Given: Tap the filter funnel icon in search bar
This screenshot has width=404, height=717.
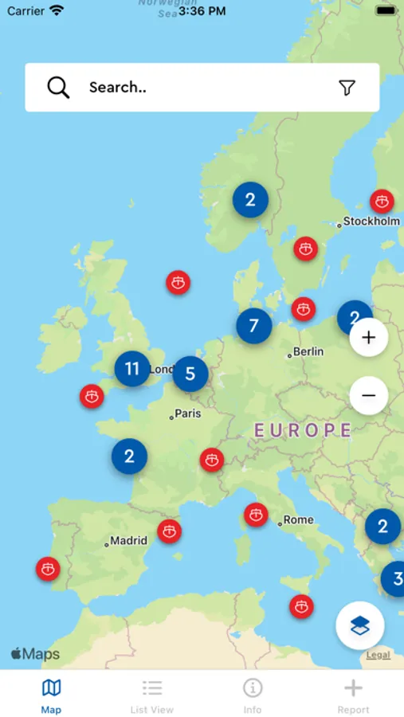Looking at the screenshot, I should (347, 88).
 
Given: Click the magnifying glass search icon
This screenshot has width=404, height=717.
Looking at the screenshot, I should (58, 88).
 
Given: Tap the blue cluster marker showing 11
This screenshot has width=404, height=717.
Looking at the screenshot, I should (132, 368).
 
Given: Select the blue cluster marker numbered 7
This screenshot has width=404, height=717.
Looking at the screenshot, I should (254, 325).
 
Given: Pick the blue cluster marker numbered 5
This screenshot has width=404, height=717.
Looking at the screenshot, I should (190, 374).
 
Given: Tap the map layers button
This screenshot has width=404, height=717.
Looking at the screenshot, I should (360, 625).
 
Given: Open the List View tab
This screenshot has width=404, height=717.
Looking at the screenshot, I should (151, 695).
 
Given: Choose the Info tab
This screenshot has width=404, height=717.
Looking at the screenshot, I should (253, 695).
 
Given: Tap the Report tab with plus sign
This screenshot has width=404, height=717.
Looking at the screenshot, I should (353, 695).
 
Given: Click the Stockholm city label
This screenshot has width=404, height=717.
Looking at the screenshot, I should (371, 221).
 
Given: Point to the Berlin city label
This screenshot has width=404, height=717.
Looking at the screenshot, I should (308, 351).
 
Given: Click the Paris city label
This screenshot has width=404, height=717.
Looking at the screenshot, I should (188, 413).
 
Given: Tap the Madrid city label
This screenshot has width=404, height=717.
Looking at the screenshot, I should (128, 541).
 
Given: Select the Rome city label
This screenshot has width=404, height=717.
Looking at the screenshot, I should (298, 520).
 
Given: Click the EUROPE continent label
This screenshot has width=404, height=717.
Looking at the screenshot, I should (303, 431).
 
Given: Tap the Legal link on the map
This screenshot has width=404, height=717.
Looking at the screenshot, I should (378, 655).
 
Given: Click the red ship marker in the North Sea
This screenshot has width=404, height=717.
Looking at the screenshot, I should (178, 282).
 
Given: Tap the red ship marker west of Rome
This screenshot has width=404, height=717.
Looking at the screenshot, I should (256, 515).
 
